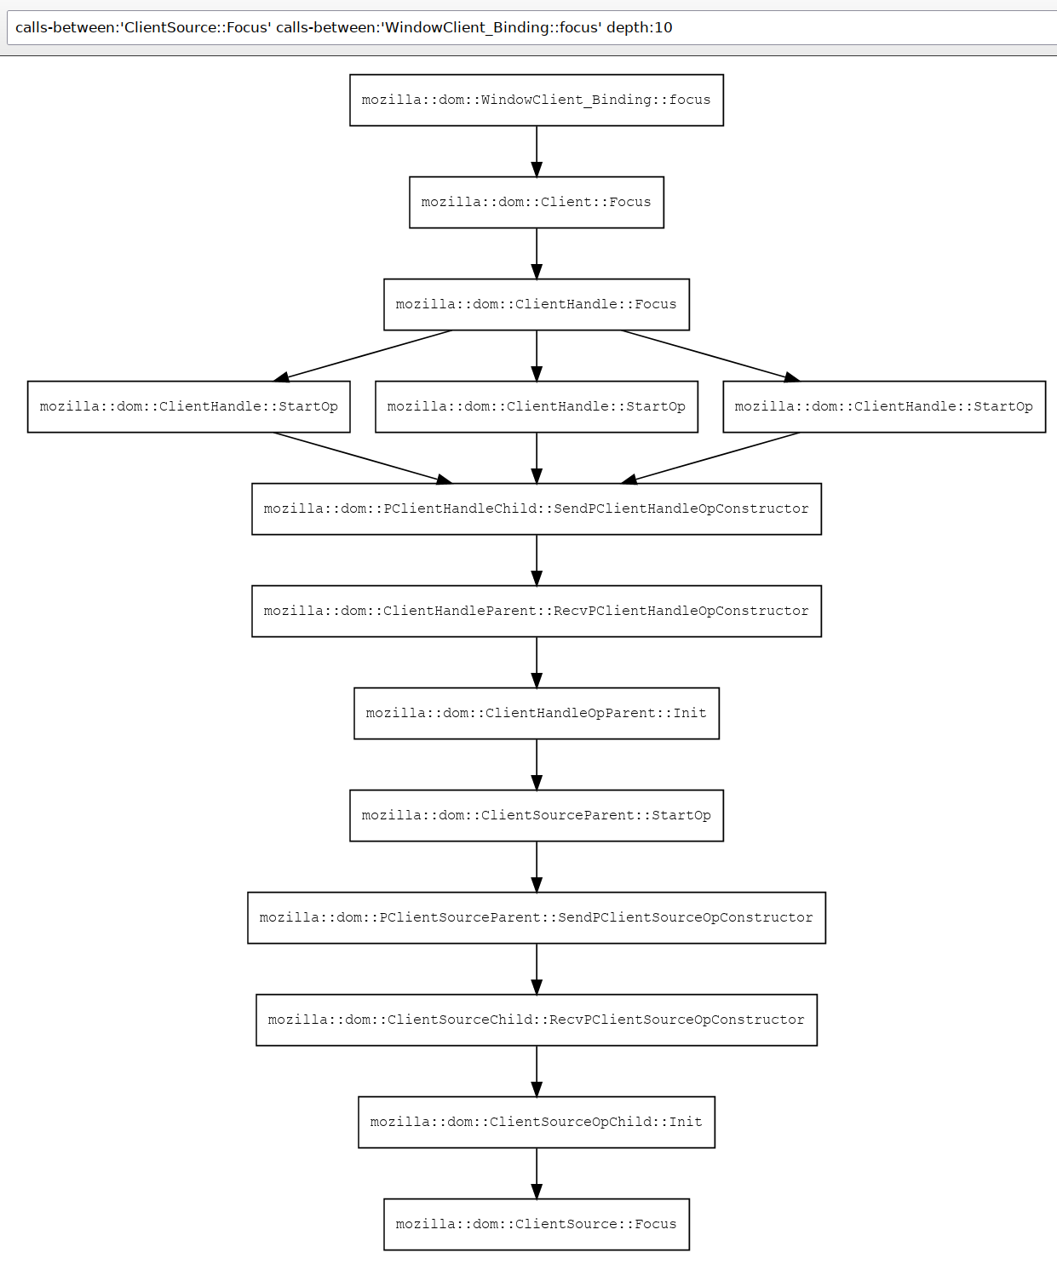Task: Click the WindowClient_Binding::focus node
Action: (x=537, y=100)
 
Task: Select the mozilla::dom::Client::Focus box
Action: (x=537, y=202)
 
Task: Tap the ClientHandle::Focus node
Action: (x=537, y=304)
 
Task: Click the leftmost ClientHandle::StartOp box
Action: (x=189, y=407)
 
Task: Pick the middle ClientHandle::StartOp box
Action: (x=537, y=407)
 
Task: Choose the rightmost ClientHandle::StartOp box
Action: (x=884, y=407)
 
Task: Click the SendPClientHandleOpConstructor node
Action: (x=537, y=509)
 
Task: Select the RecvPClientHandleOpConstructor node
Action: (x=537, y=612)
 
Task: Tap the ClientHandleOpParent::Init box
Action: (x=537, y=714)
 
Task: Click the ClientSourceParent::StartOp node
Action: (x=537, y=816)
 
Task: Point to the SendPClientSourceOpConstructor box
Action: (x=537, y=918)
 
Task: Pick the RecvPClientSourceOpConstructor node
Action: (x=537, y=1020)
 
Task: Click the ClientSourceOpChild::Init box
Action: (x=537, y=1123)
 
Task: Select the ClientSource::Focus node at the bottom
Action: (x=537, y=1226)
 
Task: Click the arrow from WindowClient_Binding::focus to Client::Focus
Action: (x=537, y=152)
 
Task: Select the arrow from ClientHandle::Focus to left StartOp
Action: (x=363, y=356)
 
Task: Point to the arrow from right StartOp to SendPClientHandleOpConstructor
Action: (x=710, y=458)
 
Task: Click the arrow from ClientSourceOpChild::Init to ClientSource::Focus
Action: (x=537, y=1175)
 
